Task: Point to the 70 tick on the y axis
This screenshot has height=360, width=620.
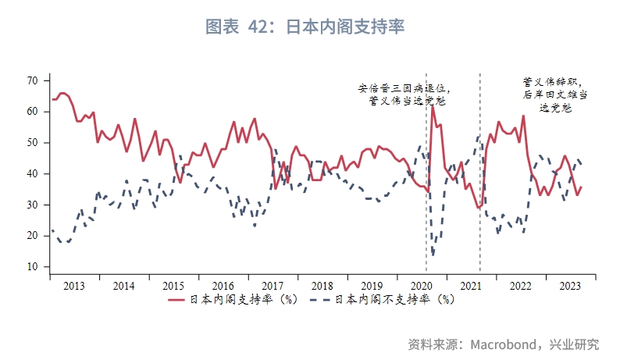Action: (32, 80)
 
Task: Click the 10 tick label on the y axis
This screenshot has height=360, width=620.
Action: (32, 267)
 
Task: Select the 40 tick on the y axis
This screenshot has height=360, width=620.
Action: (32, 173)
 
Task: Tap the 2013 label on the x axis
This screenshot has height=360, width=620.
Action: (74, 285)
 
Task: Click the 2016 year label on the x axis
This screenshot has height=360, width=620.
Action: (223, 285)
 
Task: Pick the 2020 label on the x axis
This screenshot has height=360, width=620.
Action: (422, 285)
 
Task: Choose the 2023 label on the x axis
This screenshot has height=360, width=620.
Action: (571, 285)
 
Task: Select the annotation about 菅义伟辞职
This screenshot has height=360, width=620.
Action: (554, 94)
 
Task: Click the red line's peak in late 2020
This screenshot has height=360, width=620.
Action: (433, 106)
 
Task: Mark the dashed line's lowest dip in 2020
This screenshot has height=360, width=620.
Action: (433, 254)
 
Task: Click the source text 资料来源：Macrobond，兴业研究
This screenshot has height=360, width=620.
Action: (504, 344)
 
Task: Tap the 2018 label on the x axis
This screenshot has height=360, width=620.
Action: (322, 285)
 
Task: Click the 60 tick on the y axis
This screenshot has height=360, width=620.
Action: (32, 112)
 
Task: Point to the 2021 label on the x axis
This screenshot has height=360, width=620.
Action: (472, 285)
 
